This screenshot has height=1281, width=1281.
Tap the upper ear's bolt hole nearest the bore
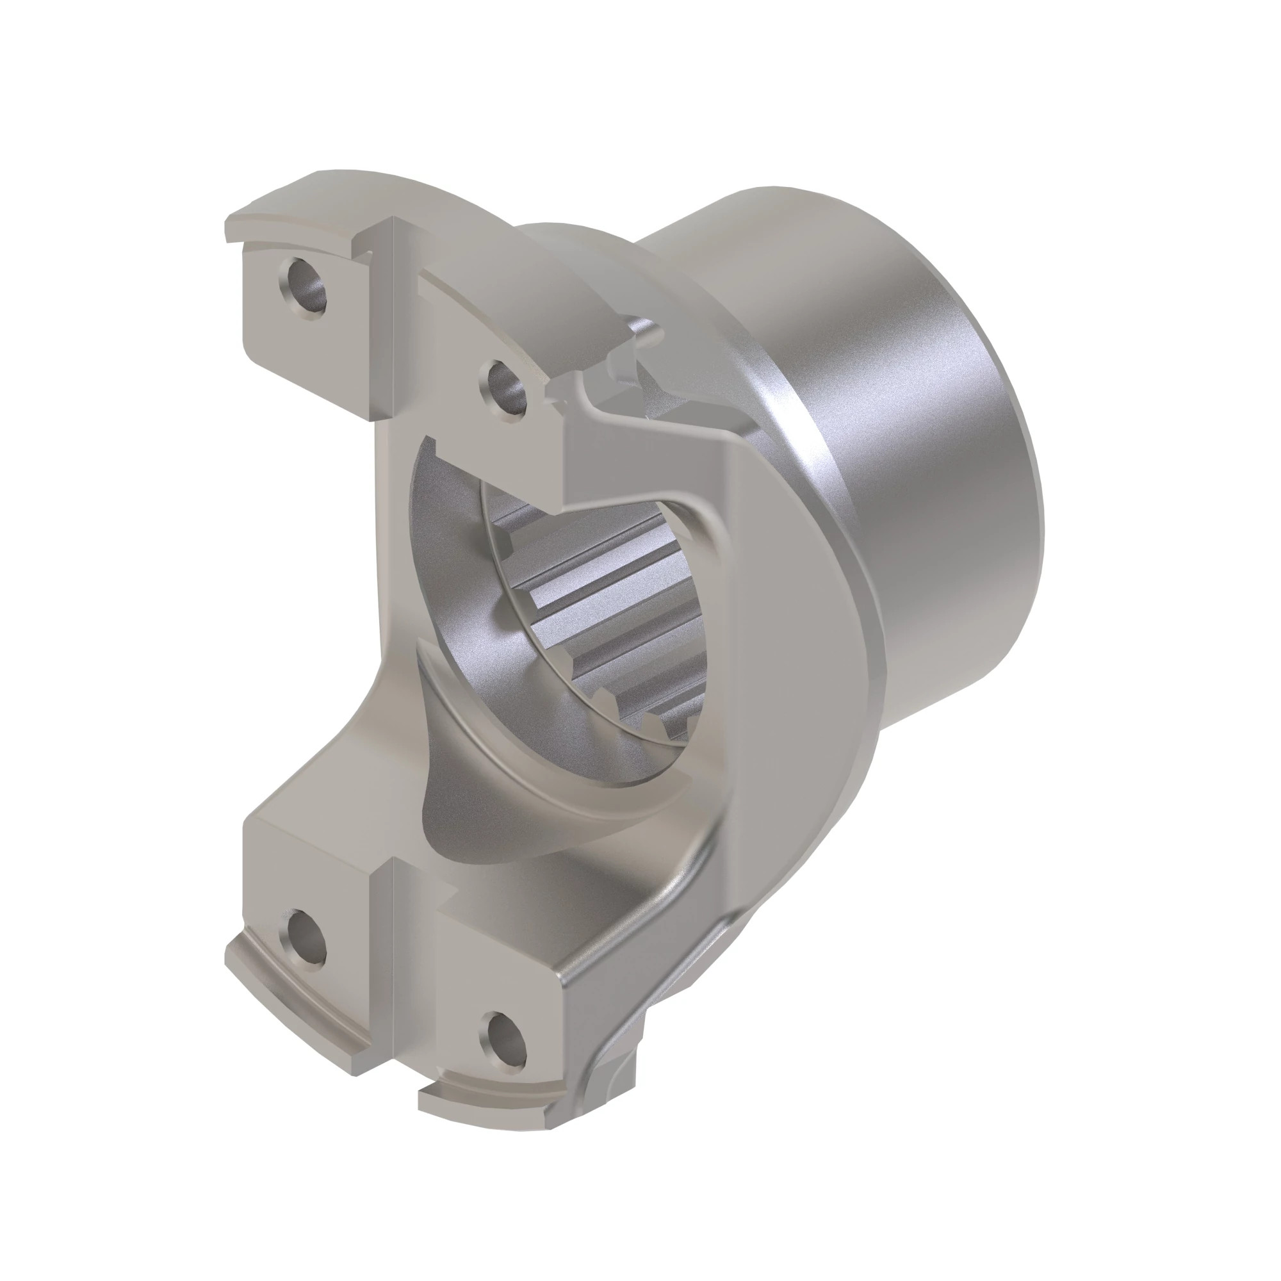507,389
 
